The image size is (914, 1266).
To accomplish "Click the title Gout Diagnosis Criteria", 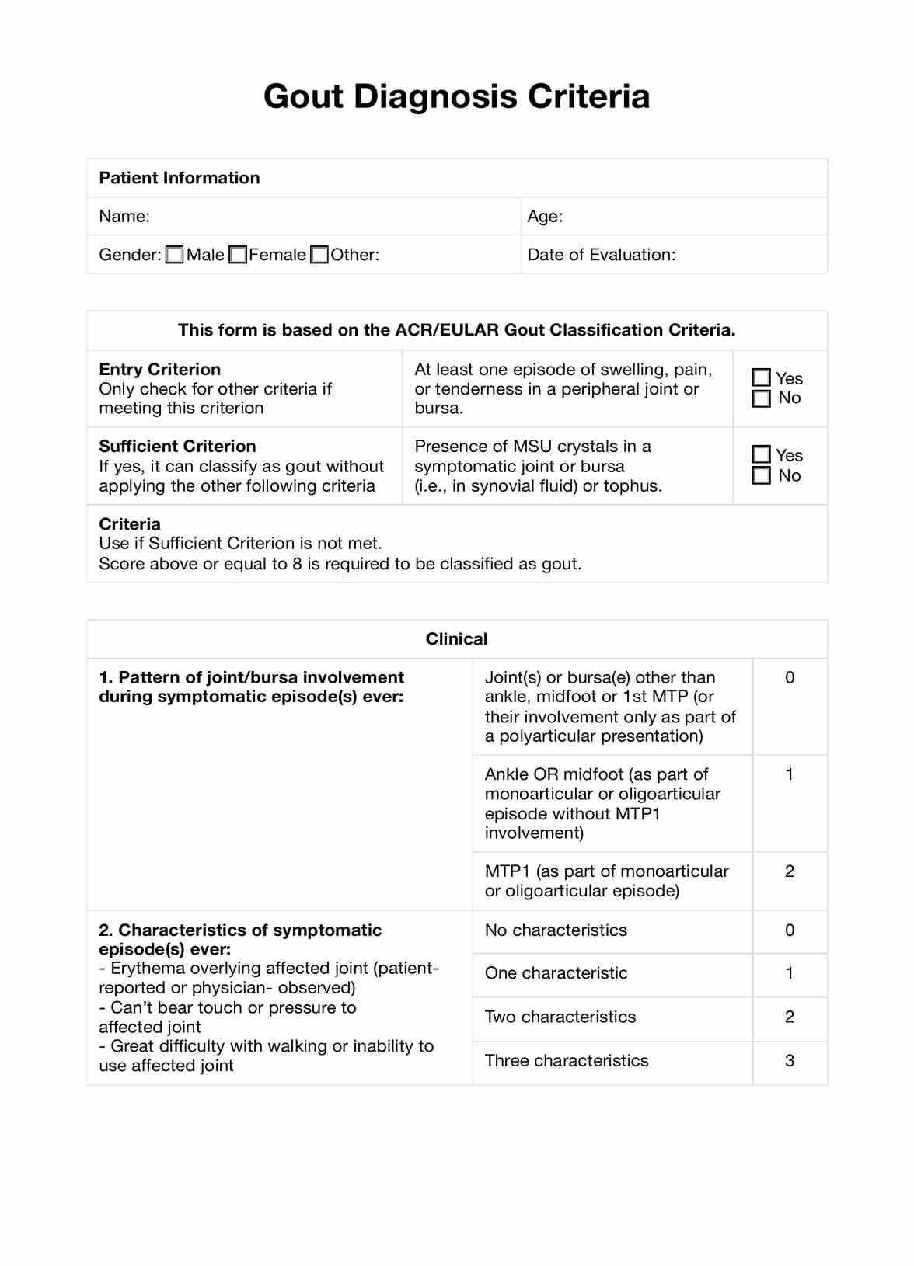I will [456, 96].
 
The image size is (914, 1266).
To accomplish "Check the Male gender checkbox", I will [175, 255].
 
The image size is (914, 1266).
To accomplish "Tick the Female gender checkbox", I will [238, 255].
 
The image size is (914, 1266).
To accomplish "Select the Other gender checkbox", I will [319, 255].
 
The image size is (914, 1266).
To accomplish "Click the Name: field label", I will [124, 217].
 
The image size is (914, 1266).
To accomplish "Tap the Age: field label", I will [545, 217].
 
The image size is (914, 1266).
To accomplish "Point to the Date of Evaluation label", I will [601, 255].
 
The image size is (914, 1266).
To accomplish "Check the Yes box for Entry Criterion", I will [762, 378].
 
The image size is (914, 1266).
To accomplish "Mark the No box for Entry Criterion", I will [762, 398].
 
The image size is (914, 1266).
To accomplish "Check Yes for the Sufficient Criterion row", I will [762, 455].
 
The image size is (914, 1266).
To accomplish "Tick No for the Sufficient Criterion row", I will [762, 475].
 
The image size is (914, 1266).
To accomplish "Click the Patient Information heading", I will [180, 178].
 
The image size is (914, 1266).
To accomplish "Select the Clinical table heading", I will [456, 639].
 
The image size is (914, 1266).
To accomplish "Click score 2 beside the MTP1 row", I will [790, 871].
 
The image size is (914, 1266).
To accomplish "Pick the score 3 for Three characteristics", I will [790, 1061].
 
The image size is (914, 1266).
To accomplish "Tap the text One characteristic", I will [556, 973].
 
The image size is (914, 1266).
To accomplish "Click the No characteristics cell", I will [556, 930].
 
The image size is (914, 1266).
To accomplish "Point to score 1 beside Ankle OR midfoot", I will [790, 774].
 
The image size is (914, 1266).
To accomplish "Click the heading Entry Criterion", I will [159, 370].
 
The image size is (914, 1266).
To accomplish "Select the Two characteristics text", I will [560, 1017].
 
